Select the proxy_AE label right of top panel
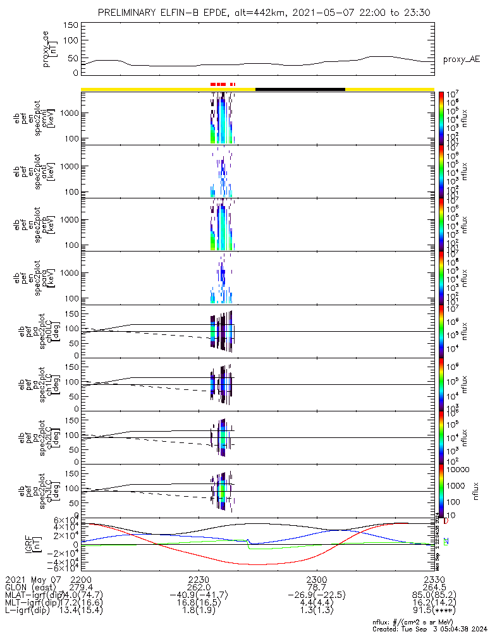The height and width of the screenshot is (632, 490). coord(461,59)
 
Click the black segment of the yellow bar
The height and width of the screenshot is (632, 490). coord(300,89)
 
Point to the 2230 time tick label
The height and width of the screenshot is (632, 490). coord(199,578)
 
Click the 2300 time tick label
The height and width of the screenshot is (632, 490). coord(316,578)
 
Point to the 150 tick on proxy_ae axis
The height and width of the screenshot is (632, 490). coord(71,25)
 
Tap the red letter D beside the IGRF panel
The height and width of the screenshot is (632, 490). coord(446,521)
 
